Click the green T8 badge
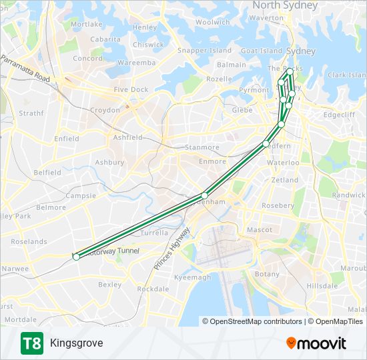coord(31,343)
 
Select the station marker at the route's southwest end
coord(76,257)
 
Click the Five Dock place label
coord(131,89)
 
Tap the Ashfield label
coord(128,137)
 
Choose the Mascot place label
coord(260,229)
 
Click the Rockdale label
coord(153,289)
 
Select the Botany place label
coord(268,274)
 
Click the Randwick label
coord(349,195)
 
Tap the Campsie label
coord(81,196)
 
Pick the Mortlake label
coord(87,24)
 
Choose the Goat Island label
coord(262,51)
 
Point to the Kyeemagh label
coord(192,277)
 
